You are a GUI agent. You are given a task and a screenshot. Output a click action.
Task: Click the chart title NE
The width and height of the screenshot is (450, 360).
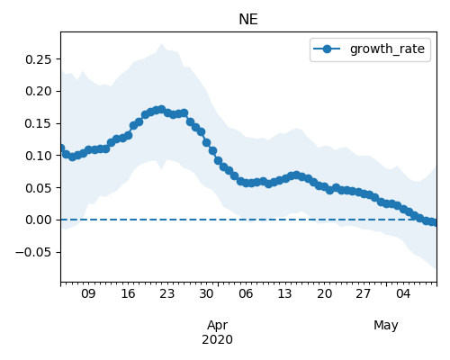point(248,20)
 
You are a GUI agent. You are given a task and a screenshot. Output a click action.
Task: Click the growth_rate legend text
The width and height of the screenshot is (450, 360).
point(387,49)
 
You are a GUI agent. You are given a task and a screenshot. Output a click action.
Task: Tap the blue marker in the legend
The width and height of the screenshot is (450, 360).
point(327,49)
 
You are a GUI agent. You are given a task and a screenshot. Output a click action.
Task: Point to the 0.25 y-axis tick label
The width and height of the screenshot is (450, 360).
point(39,59)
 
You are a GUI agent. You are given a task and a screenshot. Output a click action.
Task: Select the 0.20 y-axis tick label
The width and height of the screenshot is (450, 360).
point(39,91)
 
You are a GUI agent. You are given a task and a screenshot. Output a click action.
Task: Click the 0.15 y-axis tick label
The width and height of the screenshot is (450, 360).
point(39,123)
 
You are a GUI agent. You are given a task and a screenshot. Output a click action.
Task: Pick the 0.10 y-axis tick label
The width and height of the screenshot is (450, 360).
point(39,156)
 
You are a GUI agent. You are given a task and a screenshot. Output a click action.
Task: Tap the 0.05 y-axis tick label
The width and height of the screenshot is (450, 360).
point(39,188)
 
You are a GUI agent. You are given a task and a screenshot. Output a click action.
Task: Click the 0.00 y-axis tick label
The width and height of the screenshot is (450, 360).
point(39,220)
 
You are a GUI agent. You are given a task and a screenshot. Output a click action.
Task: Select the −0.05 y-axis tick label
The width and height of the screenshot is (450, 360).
point(34,252)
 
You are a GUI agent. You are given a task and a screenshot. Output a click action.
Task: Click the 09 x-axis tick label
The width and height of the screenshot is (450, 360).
point(88,293)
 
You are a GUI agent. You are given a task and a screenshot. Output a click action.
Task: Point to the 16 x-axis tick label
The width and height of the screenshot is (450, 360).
point(128,293)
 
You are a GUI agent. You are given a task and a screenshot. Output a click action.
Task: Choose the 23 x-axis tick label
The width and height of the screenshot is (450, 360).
point(167,293)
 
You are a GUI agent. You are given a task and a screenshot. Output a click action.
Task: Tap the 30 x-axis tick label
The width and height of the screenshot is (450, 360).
point(206,293)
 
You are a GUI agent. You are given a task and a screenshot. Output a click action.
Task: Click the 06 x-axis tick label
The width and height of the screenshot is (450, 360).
point(246,293)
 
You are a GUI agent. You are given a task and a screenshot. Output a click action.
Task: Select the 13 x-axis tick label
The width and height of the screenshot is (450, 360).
point(284,293)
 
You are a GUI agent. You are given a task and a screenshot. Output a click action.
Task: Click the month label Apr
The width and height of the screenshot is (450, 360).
point(218,326)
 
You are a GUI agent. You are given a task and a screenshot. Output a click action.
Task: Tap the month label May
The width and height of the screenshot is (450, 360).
point(386,326)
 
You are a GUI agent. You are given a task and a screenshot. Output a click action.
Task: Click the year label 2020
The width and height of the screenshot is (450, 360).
point(218,339)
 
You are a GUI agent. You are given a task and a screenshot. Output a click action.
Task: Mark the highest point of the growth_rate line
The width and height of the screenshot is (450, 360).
point(161,109)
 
